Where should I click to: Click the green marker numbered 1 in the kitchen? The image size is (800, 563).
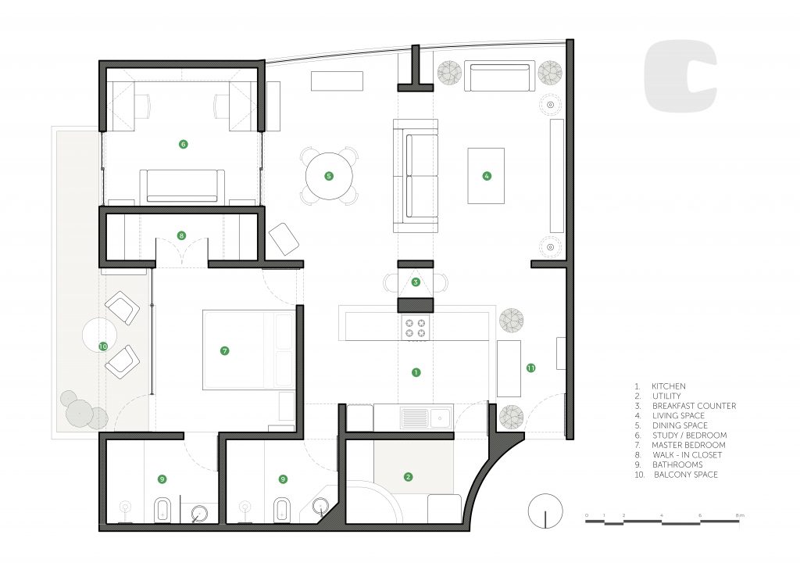416,372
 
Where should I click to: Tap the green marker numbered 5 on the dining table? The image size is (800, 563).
329,176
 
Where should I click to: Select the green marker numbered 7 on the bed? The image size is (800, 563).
224,350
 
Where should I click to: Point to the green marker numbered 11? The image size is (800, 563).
531,368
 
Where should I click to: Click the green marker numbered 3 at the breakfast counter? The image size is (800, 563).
416,282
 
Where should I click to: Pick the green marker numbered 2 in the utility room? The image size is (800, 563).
408,477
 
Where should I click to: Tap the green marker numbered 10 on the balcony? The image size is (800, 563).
103,346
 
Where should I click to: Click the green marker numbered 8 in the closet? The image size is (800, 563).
181,235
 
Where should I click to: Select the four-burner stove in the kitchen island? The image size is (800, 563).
416,328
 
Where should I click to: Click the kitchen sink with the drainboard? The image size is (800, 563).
427,418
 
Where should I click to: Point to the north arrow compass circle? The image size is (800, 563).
545,511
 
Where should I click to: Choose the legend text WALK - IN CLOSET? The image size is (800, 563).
687,454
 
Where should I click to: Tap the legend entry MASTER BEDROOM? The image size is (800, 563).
688,445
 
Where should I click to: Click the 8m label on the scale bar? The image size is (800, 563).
741,515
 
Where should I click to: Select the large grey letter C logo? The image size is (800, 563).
680,77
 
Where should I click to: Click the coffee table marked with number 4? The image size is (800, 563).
486,176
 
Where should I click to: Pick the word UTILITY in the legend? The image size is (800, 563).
666,396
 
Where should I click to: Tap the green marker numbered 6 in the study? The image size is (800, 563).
183,144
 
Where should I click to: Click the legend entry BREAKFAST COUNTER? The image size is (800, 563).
694,406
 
